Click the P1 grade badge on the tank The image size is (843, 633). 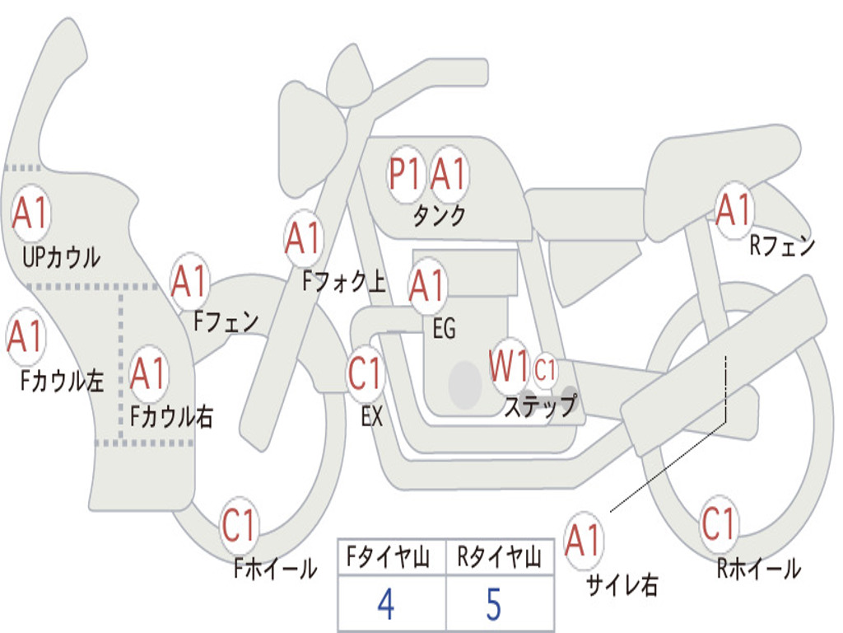point(405,174)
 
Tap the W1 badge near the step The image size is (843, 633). point(509,367)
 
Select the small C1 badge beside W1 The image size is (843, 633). point(546,370)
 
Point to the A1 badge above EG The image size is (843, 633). point(427,286)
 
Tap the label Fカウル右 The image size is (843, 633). point(172,416)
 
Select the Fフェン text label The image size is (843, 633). point(226,321)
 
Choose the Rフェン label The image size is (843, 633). point(781,246)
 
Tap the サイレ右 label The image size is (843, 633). point(622,584)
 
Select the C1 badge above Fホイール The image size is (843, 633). point(240,526)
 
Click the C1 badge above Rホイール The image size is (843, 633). point(719,523)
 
